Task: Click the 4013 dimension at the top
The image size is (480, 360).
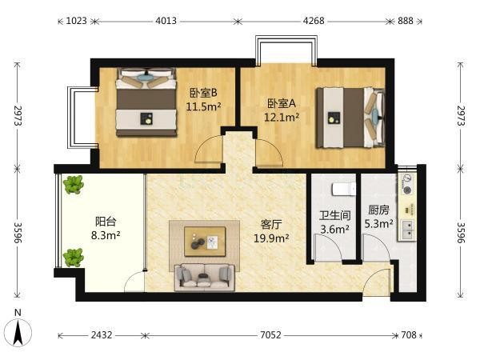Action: (x=166, y=21)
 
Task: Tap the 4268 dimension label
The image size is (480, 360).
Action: (x=314, y=21)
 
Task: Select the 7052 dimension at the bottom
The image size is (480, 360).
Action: (x=270, y=335)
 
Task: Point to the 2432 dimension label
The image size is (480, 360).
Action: (x=102, y=335)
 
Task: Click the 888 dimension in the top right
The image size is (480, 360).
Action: (x=406, y=21)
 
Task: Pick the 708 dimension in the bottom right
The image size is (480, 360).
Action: (x=409, y=335)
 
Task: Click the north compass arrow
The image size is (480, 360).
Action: (x=18, y=333)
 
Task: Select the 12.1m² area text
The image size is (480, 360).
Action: (x=282, y=118)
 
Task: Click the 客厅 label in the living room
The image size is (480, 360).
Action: (x=271, y=224)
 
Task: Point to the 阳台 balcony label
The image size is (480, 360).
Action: (x=106, y=222)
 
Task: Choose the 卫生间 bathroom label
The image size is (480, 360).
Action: (x=334, y=215)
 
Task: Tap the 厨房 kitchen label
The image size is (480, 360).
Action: (x=378, y=210)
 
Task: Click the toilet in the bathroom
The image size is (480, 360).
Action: (x=344, y=189)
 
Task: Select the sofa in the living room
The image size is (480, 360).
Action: (x=205, y=278)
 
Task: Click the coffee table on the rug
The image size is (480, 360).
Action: (x=205, y=242)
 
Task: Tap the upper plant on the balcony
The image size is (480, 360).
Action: (x=73, y=184)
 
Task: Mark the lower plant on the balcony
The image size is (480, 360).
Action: (x=73, y=258)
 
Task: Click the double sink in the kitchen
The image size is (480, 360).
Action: (x=408, y=230)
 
